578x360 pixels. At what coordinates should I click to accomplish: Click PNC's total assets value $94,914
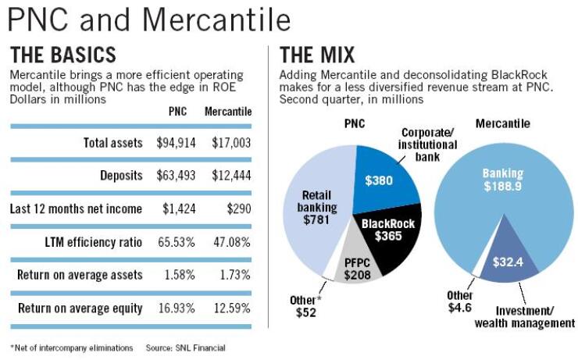point(177,143)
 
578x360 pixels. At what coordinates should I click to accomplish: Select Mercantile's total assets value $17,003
point(231,143)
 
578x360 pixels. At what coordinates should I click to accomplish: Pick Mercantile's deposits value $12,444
point(231,176)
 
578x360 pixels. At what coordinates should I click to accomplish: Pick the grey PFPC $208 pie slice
point(357,269)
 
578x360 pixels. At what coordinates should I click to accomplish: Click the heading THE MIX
point(316,55)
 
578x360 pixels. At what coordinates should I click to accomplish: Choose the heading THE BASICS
point(62,55)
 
